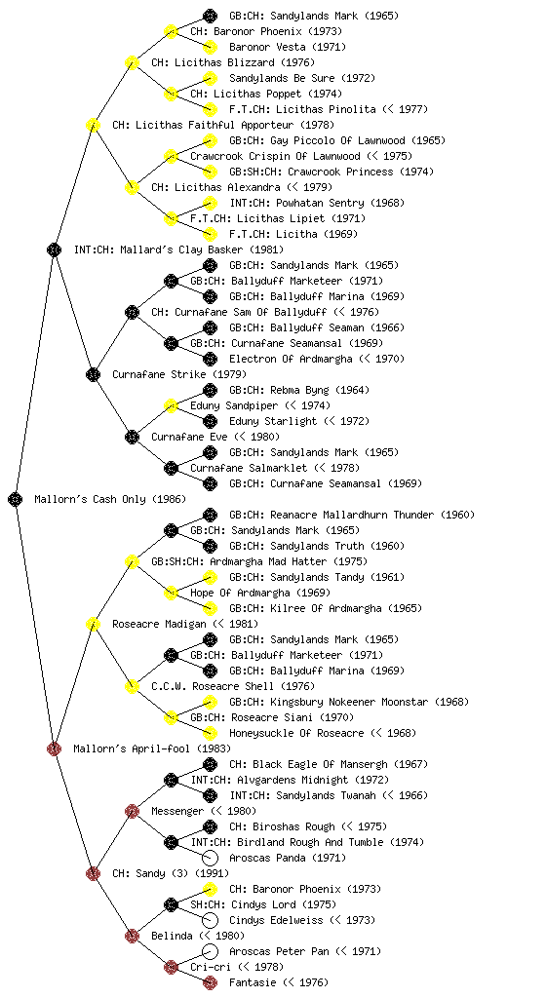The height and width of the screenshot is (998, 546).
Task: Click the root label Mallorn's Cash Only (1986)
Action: pos(110,499)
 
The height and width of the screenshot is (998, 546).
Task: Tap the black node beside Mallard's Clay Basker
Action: pos(54,249)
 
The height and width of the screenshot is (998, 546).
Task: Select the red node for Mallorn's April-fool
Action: pos(54,748)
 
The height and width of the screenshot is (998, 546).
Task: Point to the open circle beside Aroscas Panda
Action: pos(210,858)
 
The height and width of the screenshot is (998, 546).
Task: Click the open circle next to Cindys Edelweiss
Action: pos(210,920)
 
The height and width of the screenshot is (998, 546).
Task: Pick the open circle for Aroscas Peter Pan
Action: pos(210,951)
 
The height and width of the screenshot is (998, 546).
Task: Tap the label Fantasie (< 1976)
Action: pos(279,982)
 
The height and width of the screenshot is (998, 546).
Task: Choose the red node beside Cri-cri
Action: pos(171,967)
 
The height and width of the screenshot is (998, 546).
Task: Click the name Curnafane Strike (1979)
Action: pos(179,374)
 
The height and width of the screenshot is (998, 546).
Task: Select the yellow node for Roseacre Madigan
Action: pos(93,624)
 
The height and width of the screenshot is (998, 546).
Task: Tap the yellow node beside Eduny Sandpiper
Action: pos(171,405)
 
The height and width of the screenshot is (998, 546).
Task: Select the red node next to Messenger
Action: pos(132,811)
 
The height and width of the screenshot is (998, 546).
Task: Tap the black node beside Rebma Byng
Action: pos(210,390)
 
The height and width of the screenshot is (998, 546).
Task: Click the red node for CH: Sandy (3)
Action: pos(93,873)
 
